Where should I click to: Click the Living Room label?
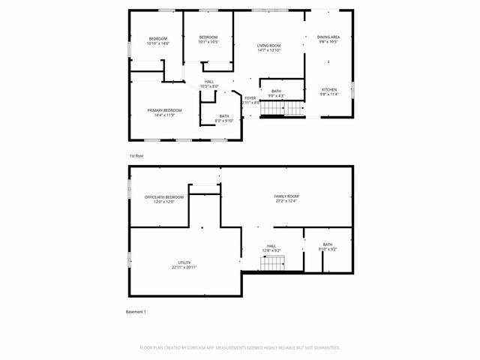[x=268, y=46]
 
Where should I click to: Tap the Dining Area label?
[x=328, y=37]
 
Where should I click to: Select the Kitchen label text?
[x=330, y=90]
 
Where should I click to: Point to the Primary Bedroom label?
[x=163, y=110]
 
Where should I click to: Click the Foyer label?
[x=250, y=97]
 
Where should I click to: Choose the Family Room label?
[x=286, y=196]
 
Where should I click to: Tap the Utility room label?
[x=184, y=262]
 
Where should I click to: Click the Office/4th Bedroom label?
[x=159, y=196]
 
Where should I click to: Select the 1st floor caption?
[x=136, y=155]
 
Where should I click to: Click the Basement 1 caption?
[x=136, y=311]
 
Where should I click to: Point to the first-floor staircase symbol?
[x=282, y=109]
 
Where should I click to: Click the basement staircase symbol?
[x=273, y=263]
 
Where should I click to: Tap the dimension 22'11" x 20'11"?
[x=184, y=268]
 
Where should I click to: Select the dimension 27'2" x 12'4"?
[x=286, y=201]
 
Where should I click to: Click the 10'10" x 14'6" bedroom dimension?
[x=157, y=43]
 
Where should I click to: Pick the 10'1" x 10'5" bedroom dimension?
[x=208, y=42]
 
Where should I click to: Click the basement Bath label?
[x=328, y=244]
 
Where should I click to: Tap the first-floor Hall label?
[x=209, y=82]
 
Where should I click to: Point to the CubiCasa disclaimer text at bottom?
[x=240, y=348]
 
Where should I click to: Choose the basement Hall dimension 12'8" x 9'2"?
[x=271, y=250]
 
